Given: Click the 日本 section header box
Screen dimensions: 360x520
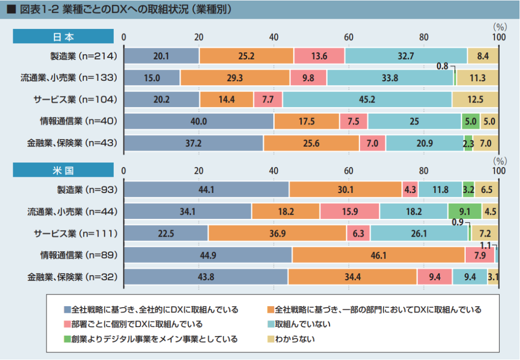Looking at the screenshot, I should (63, 37).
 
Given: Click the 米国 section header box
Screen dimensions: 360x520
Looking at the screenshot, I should (63, 170).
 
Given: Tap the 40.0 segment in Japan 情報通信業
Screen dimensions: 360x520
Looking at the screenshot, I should (199, 121).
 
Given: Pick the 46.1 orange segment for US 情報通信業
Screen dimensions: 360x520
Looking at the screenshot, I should (378, 255).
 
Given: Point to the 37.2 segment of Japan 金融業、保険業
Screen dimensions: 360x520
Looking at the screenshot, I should (193, 144).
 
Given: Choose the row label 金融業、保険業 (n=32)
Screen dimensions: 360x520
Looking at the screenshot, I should (73, 277).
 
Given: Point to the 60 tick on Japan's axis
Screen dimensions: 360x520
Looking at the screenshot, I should (349, 37).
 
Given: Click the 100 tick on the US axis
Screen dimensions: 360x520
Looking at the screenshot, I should (499, 171).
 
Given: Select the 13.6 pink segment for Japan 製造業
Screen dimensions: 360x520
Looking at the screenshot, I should (319, 56).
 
